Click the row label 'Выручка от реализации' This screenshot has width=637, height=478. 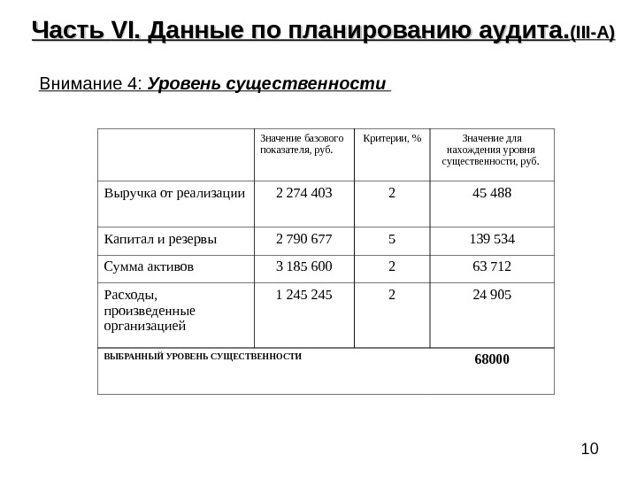[174, 192]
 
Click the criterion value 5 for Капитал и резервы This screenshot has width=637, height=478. [391, 238]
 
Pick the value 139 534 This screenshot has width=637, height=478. [492, 238]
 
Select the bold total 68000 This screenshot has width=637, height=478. [492, 359]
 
